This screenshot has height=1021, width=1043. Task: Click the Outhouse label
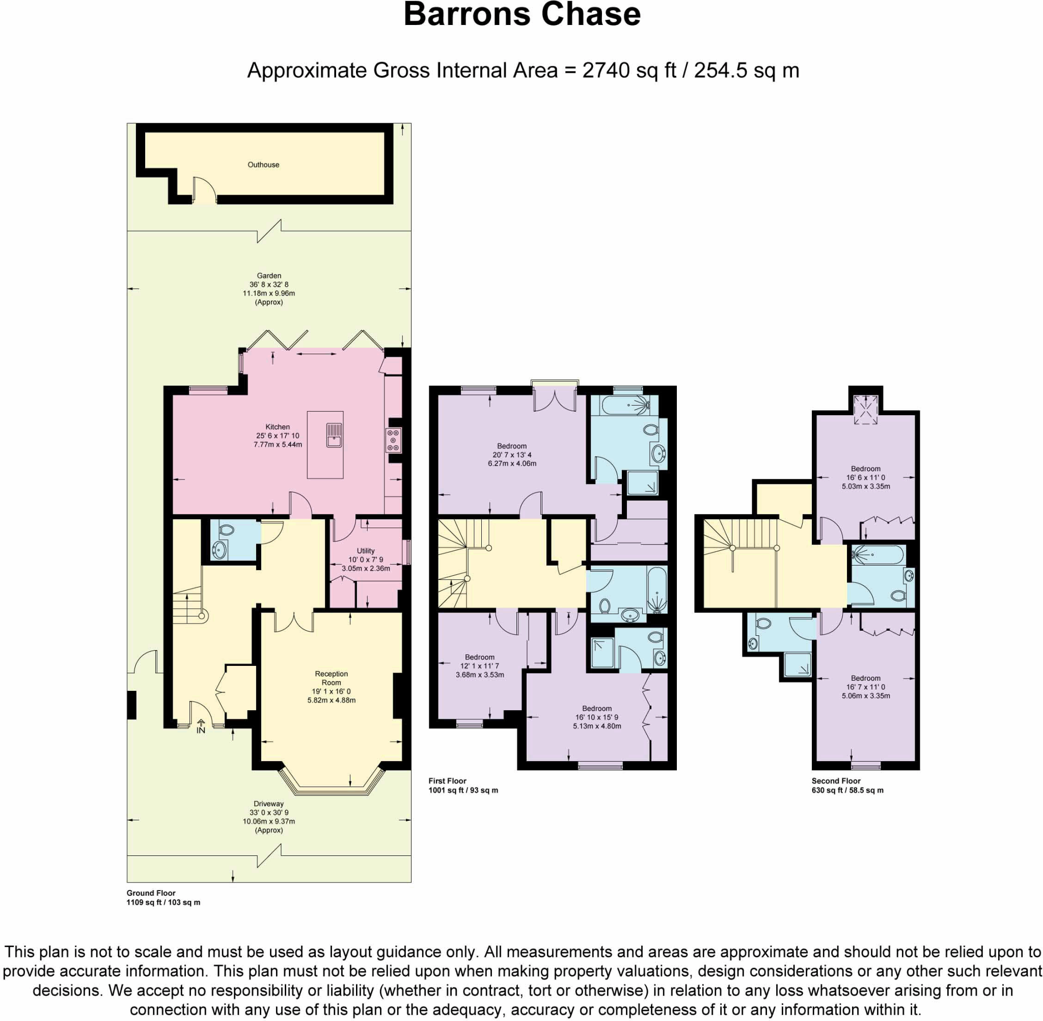[263, 165]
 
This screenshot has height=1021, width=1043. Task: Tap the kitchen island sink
[334, 435]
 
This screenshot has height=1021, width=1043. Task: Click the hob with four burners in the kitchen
[393, 440]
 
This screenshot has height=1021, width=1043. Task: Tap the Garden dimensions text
[268, 289]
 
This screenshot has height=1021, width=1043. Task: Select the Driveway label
[268, 804]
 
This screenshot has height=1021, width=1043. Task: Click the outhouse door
[204, 192]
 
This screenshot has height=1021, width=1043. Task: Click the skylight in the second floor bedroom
[865, 410]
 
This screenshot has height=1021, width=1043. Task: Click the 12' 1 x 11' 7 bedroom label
[480, 665]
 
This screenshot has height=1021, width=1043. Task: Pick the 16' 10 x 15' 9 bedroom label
[596, 717]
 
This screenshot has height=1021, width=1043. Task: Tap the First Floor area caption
[463, 786]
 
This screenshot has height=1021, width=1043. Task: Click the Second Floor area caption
[847, 786]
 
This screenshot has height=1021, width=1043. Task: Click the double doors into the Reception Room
[294, 622]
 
